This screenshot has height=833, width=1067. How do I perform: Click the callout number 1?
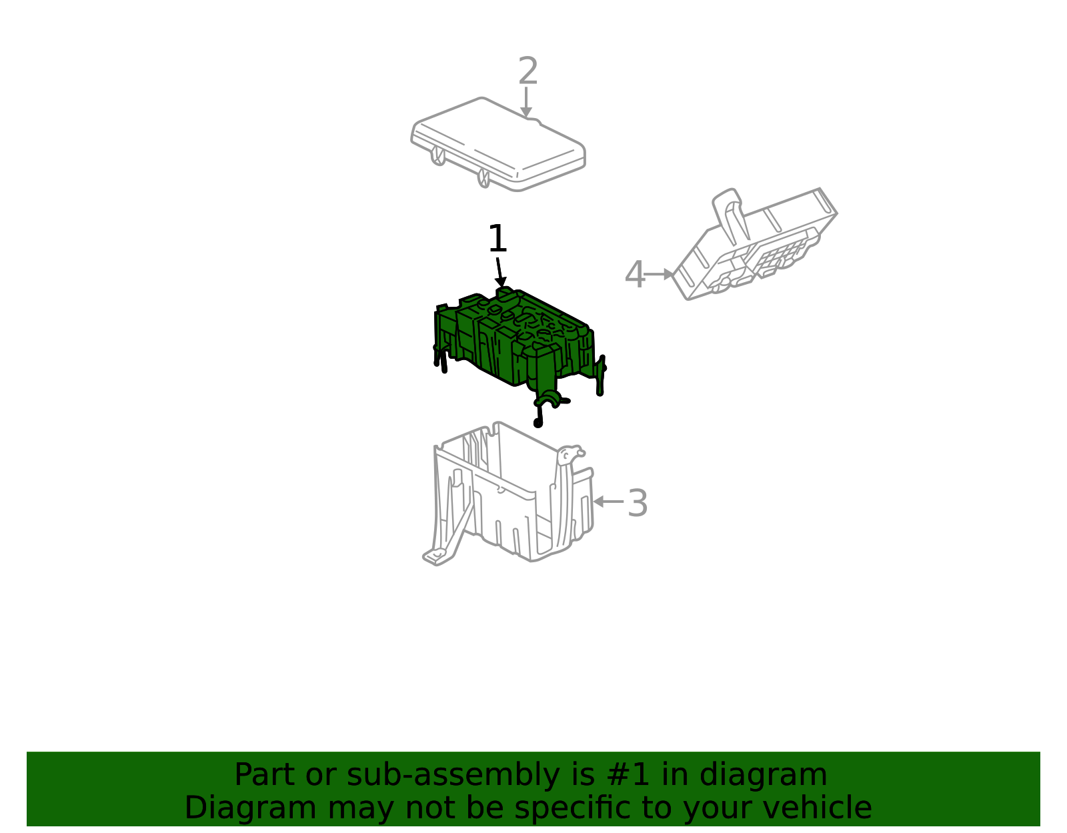497,239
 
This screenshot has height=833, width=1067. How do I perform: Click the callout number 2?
528,71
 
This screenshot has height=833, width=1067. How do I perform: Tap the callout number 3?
638,503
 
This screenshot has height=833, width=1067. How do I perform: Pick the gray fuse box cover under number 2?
498,144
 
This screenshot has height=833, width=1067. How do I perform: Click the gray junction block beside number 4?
755,244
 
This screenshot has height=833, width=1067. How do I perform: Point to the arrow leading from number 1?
499,272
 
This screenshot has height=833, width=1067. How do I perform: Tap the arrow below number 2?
526,102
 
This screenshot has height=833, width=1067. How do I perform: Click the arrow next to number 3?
608,502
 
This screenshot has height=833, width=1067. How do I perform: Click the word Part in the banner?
264,774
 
